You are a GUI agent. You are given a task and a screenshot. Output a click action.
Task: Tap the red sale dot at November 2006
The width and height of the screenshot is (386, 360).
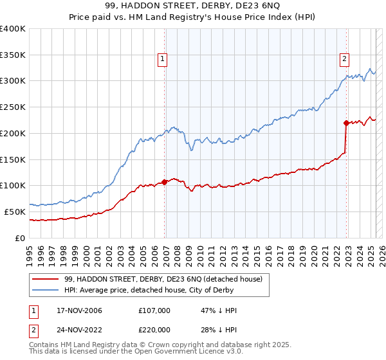pos(165,182)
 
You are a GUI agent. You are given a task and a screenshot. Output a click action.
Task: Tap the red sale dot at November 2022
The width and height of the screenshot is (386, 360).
pos(346,123)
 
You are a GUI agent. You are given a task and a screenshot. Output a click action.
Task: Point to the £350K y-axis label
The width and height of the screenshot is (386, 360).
pos(12,55)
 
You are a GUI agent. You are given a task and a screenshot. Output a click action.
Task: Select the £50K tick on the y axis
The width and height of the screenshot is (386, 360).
pos(15,212)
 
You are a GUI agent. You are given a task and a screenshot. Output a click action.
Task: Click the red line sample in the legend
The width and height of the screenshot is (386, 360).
pos(44,280)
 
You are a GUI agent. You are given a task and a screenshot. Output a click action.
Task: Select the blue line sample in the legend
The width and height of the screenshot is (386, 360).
pos(44,290)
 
